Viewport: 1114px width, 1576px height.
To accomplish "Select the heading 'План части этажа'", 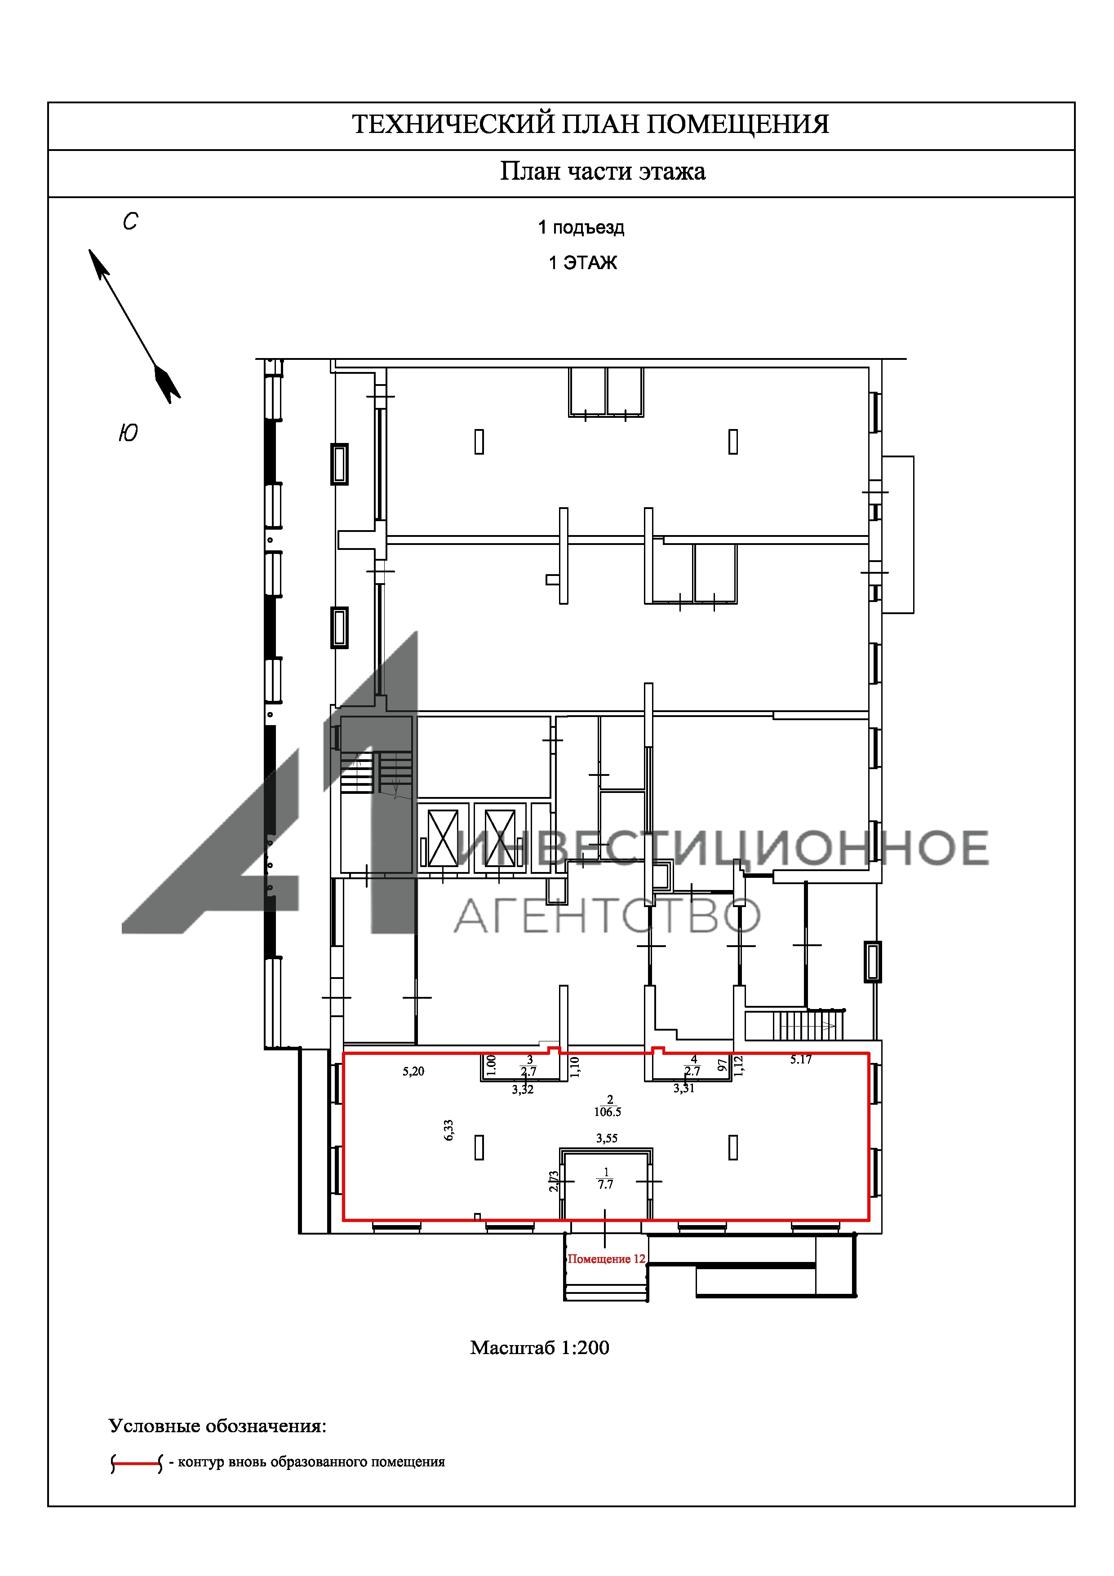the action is point(603,171).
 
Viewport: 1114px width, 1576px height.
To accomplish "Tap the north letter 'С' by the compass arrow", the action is point(130,221).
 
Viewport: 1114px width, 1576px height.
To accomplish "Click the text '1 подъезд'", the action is point(581,227).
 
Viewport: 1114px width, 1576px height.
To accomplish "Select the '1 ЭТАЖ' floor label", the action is point(583,263).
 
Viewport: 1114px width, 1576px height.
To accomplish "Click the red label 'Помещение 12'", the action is point(606,1259).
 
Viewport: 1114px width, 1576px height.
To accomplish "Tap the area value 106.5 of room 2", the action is point(608,1111).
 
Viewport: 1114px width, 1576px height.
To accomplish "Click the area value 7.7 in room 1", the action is point(605,1184).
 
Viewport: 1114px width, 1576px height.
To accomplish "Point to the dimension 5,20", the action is point(413,1071).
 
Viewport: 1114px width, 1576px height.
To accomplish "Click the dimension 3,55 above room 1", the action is point(607,1138).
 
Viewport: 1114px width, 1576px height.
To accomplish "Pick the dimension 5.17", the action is point(800,1060).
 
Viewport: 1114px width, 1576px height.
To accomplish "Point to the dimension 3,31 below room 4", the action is point(683,1088).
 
